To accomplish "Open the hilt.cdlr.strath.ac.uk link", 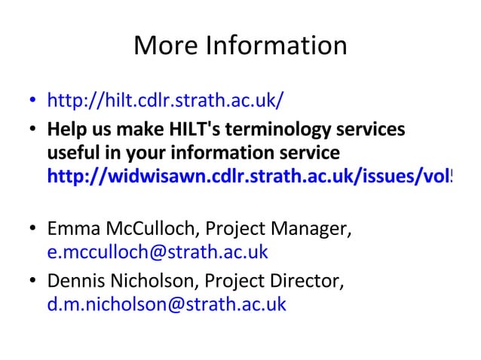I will click(x=165, y=100).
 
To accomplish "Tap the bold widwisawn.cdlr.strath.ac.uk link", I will click(x=249, y=178).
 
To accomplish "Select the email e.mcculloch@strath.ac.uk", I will click(x=158, y=252).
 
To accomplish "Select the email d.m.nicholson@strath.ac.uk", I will click(x=167, y=304).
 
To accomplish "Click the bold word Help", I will click(x=65, y=129).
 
